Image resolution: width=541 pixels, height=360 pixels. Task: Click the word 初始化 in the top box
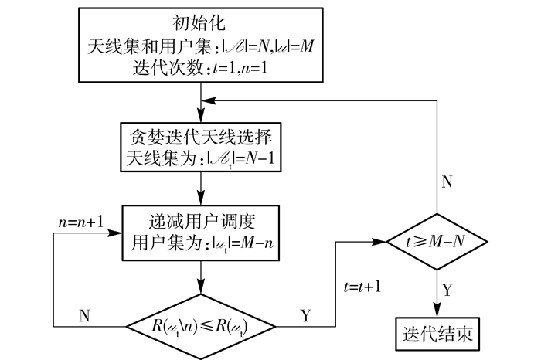point(200,21)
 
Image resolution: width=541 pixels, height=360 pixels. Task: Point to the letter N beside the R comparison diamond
point(87,315)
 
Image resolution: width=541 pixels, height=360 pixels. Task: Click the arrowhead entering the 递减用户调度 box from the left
point(118,232)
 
